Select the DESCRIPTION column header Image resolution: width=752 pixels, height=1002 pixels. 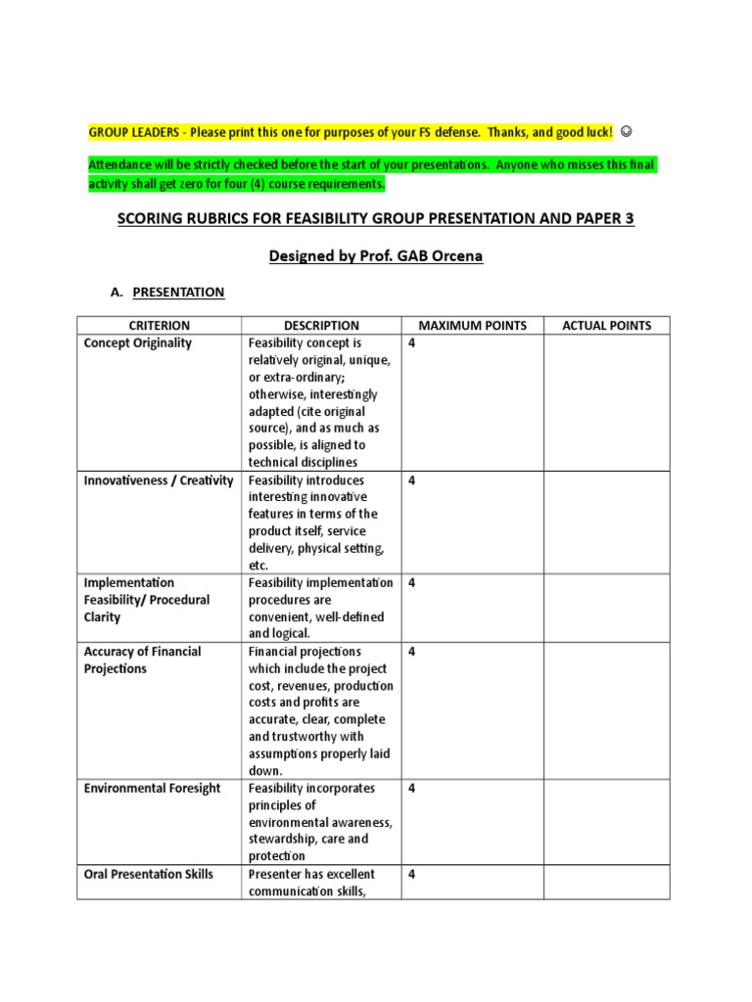pos(321,325)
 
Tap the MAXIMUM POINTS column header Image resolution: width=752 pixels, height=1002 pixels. pos(472,325)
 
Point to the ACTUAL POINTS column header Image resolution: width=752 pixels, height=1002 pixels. pos(607,325)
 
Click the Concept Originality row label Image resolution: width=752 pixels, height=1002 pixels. pos(138,343)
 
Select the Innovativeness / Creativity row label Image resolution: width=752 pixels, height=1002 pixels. pos(159,480)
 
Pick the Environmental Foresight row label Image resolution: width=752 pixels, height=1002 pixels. pos(153,788)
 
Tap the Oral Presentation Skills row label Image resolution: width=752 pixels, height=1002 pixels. pos(149,874)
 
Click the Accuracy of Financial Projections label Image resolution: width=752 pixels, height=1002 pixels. pos(143,660)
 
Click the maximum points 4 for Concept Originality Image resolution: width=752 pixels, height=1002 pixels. pos(412,343)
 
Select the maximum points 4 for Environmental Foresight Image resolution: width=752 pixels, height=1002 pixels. pos(412,788)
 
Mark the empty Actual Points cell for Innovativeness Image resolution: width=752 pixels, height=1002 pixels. pos(607,522)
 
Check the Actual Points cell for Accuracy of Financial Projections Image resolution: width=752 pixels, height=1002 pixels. pos(607,710)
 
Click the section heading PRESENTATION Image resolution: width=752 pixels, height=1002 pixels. pos(178,292)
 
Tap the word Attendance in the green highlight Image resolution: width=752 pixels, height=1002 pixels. pos(122,164)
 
